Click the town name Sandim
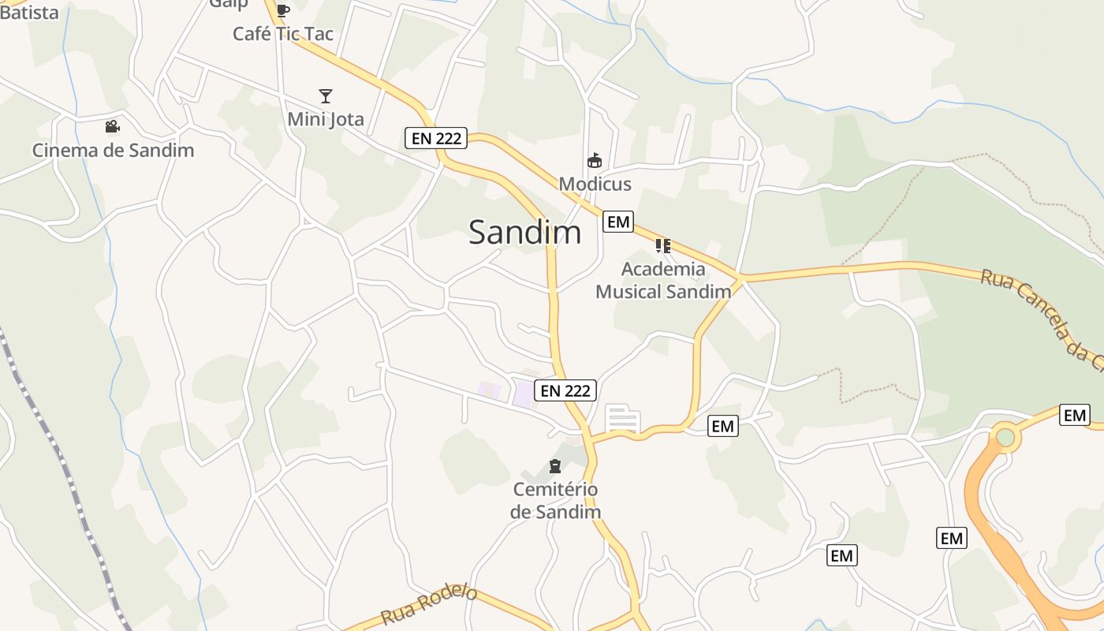[x=525, y=233]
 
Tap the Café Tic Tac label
[x=283, y=34]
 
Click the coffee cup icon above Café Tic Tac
[x=283, y=10]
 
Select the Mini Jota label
[x=326, y=119]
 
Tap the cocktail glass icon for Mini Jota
[x=326, y=96]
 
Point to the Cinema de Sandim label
[x=113, y=150]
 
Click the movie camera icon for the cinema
[x=112, y=127]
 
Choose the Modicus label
[x=595, y=185]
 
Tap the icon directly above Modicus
[x=595, y=161]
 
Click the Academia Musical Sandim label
[x=663, y=280]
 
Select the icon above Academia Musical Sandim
[x=663, y=246]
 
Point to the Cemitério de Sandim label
[x=555, y=500]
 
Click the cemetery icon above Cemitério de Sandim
[x=555, y=466]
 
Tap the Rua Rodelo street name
[x=429, y=604]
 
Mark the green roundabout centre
[x=1005, y=437]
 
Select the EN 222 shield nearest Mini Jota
[x=436, y=139]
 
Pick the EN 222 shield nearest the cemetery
[x=565, y=390]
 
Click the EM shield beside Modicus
[x=618, y=222]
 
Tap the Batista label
[x=29, y=12]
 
